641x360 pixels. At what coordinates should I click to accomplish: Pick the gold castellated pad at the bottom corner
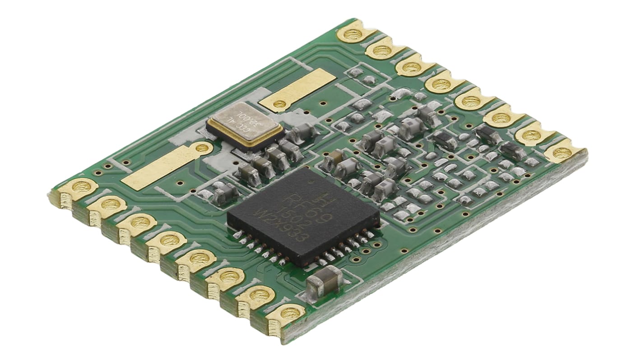click(286, 314)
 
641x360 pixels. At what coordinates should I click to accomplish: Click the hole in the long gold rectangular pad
click(202, 148)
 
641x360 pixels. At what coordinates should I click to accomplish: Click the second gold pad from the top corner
click(382, 49)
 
